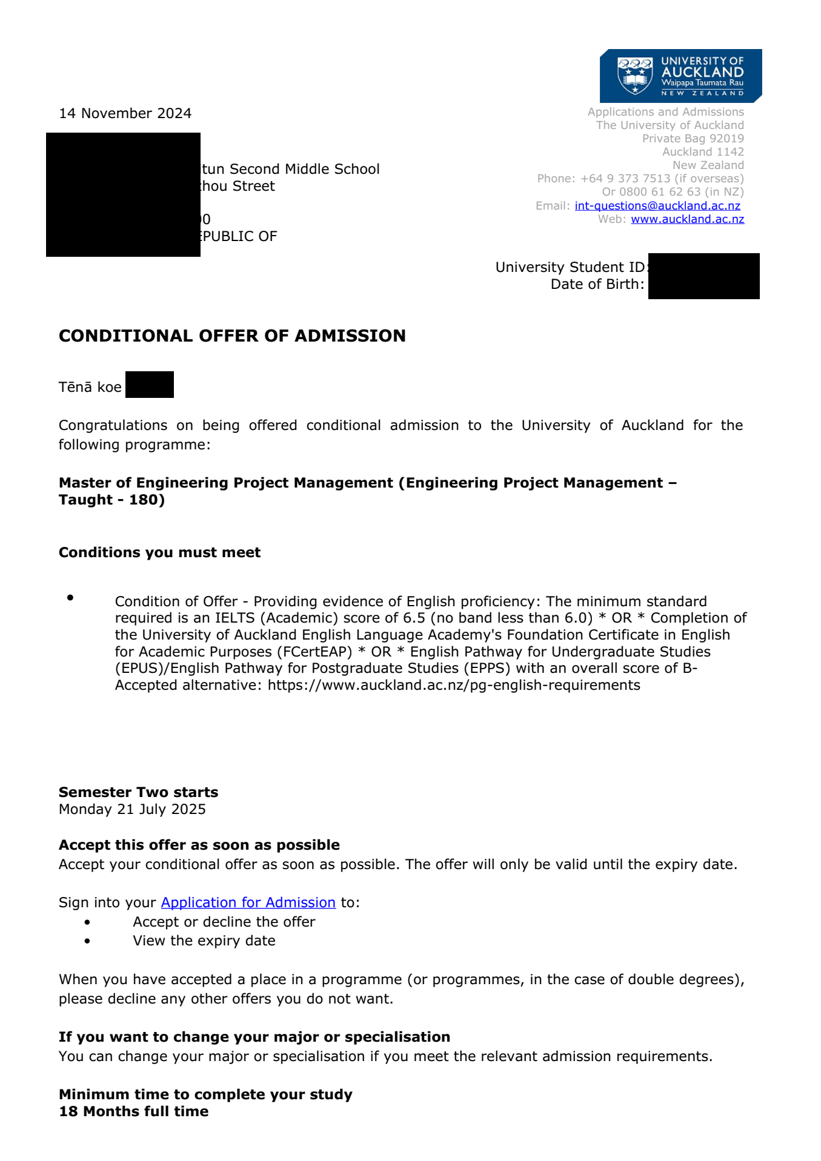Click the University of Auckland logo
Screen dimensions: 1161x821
coord(680,76)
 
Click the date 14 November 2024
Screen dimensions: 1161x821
coord(125,113)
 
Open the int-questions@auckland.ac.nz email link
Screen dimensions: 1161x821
coord(657,205)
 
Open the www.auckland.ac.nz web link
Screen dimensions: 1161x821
coord(687,219)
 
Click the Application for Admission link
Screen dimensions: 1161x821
coord(248,902)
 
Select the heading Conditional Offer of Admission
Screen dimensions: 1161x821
coord(232,336)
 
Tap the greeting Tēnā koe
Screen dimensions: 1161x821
coord(90,387)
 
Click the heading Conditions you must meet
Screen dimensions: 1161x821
coord(159,552)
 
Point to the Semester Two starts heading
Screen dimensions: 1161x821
coord(138,792)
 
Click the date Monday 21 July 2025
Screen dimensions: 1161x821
coord(132,809)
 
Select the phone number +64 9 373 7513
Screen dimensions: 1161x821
coord(625,179)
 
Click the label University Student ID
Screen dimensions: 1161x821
coord(570,267)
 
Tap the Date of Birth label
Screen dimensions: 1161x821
coord(597,284)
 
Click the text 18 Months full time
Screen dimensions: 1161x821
coord(133,1111)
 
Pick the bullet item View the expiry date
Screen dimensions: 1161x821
coord(204,941)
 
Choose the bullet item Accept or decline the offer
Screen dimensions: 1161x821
coord(224,922)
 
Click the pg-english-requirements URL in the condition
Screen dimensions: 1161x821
coord(454,685)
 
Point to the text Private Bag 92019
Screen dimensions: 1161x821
coord(693,139)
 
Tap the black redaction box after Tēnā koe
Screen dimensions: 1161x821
coord(150,385)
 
